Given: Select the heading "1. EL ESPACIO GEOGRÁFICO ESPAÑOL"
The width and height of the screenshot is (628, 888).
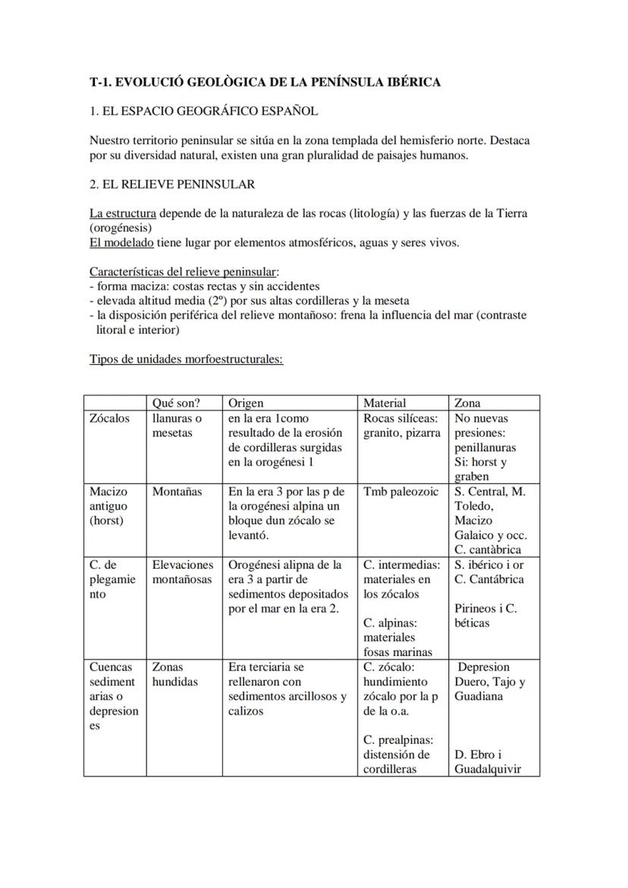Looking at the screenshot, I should (203, 111).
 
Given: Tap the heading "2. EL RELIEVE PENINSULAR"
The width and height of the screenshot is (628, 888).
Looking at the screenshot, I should (172, 184).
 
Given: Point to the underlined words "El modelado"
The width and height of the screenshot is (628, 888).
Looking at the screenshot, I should (121, 243).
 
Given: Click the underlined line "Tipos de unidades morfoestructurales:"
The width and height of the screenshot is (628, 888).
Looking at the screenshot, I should (186, 359).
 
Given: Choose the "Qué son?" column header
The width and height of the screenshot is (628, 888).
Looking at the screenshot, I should (176, 403).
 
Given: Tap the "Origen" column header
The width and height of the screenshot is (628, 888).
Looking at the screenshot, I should (246, 403).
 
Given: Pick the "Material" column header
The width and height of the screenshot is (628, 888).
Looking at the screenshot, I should (385, 403).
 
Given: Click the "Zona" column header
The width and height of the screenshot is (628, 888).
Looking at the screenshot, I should (467, 403).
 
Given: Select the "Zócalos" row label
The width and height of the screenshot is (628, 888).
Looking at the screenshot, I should (109, 419).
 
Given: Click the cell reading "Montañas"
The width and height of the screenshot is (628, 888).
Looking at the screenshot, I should (177, 491).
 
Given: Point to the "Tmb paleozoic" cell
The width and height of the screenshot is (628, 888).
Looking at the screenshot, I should (400, 491).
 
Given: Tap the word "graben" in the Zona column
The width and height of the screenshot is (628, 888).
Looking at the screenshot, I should (472, 477).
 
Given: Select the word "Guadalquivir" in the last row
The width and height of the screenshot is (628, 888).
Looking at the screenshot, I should (487, 769).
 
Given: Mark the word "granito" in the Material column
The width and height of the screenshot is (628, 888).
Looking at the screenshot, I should (384, 433).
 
